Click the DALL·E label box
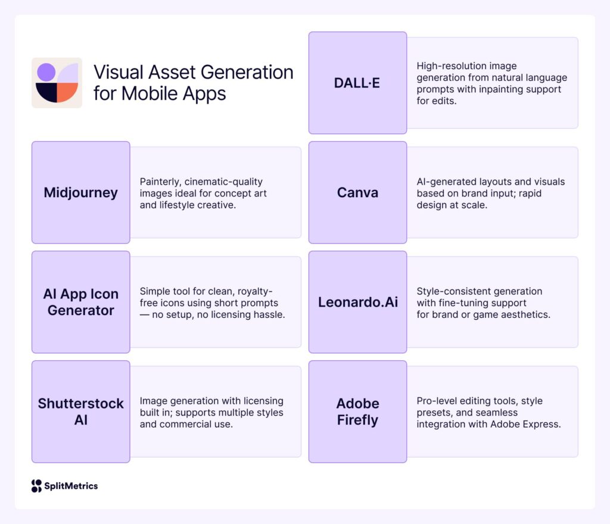pos(357,83)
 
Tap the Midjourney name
pos(80,192)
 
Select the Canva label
pos(357,192)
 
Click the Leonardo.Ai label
pos(357,302)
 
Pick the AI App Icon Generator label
pos(80,302)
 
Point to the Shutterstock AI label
pos(80,411)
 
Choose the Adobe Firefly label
pos(357,411)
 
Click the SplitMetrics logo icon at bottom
pos(36,486)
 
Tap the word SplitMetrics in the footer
pos(71,486)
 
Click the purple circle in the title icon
pos(46,72)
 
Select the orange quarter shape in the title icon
pos(67,93)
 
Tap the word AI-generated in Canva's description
pos(444,182)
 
